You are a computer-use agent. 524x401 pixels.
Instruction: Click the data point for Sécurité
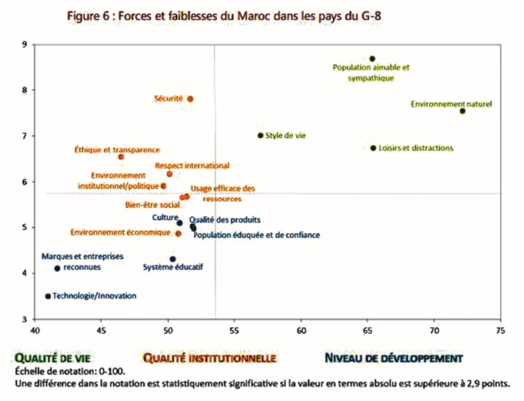point(190,99)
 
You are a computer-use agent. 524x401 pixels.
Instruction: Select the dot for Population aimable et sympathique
point(372,59)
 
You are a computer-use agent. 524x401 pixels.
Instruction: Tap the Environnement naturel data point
point(462,111)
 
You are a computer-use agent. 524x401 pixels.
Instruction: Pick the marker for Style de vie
point(261,135)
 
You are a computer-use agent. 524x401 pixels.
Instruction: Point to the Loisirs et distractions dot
point(373,148)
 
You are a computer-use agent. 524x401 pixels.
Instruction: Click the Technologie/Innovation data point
point(48,296)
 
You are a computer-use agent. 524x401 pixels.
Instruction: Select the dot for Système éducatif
point(173,259)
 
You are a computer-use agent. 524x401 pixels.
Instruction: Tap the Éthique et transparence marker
point(121,156)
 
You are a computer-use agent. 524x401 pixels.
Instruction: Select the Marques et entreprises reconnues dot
point(57,268)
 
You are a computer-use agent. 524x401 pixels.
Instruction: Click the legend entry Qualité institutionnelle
point(209,358)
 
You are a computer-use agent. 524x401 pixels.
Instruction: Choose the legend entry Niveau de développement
point(393,358)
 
